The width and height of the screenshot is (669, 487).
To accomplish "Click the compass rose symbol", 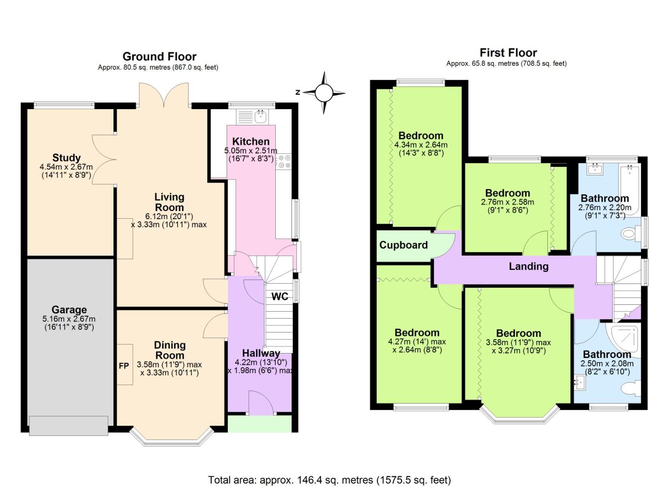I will point(323,93).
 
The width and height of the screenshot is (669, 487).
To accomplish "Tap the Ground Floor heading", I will point(159,56).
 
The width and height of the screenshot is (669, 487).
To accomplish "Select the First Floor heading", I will point(508,53).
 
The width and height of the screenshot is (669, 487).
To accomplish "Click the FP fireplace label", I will point(124,366).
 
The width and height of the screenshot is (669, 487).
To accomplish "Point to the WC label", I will point(280,296).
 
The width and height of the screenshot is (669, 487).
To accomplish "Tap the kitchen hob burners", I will point(284,161).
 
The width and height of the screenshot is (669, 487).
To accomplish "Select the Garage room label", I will point(69,310).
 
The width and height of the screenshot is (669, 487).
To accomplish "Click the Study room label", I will point(66,158).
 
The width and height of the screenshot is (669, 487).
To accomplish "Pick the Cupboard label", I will point(403,245).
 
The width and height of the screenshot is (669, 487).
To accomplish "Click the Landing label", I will point(528,266).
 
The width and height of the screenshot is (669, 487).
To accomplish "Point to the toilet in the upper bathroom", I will point(630,234).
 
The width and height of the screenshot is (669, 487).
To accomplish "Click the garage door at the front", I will point(68,425).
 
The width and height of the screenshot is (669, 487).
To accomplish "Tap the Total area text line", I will point(329,480).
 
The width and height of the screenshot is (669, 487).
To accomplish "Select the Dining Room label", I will point(170,350).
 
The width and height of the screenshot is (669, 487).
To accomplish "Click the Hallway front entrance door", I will point(260,403).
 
